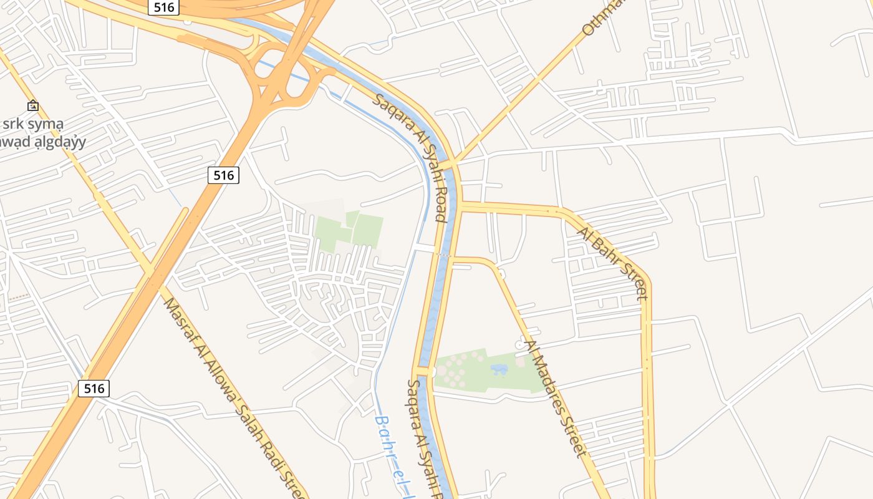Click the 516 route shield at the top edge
pos(164,7)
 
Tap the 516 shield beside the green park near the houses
pos(223,175)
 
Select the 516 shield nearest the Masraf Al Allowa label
pos(94,389)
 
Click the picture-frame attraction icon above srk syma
pos(32,106)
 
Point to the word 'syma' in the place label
pos(46,124)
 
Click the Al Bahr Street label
pos(614,263)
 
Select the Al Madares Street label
pos(556,398)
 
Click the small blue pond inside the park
pos(499,369)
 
